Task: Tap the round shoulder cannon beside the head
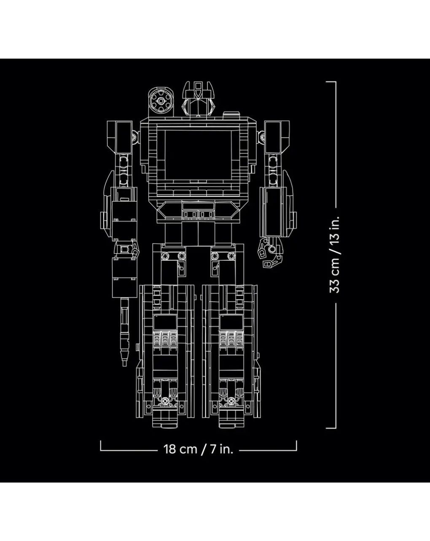coord(160,101)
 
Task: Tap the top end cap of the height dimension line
coord(331,82)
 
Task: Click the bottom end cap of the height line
coord(331,427)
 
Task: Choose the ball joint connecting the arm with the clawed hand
coord(263,137)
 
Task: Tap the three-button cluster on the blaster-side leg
coord(165,339)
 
